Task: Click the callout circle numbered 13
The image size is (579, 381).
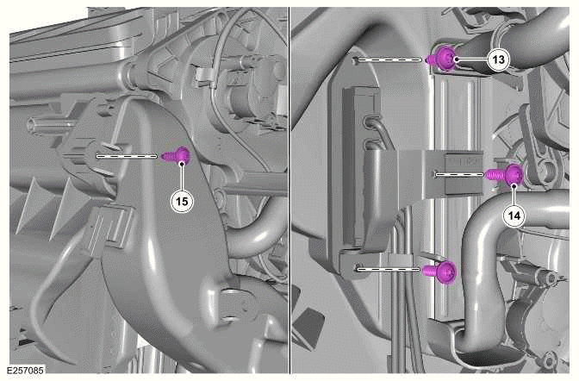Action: [499, 59]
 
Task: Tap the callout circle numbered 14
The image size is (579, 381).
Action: [514, 215]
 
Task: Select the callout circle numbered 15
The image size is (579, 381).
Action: [182, 202]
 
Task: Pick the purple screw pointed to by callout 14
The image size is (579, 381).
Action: [505, 174]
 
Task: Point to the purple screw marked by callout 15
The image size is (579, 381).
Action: [178, 155]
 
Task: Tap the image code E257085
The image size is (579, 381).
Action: [26, 371]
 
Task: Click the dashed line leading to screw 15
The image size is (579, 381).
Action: [127, 156]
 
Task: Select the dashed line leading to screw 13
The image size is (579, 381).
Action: [390, 59]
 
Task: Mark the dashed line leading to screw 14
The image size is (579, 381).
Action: [460, 173]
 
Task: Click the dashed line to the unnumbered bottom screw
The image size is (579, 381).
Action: [389, 269]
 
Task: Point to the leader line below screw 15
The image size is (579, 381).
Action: [182, 177]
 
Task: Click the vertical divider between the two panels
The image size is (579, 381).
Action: [289, 190]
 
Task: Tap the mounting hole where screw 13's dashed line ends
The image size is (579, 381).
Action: [356, 59]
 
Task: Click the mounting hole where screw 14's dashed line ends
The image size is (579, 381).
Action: [435, 173]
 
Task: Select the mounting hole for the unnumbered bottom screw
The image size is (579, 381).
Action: [356, 268]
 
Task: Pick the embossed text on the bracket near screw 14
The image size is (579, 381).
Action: [464, 161]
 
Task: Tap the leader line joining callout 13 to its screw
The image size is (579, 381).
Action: [473, 59]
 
